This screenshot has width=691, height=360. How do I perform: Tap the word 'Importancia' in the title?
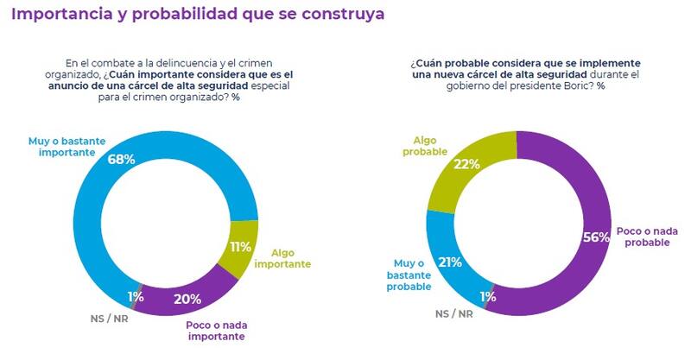[x=60, y=15]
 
